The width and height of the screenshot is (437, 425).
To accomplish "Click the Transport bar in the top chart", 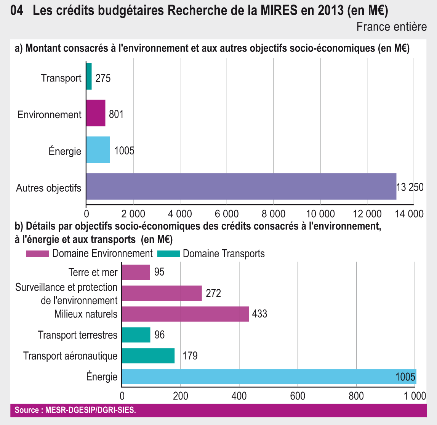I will pos(89,77).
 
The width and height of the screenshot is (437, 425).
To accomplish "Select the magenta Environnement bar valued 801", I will pos(96,113).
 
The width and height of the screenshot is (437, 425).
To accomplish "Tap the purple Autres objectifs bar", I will pos(241,186).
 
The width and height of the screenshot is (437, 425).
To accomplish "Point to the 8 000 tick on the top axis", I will pos(274,213).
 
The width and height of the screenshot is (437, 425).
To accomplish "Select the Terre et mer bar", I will pos(136,272).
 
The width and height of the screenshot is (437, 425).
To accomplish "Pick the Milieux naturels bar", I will pos(185,314).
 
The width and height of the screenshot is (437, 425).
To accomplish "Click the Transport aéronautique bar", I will pos(148,356).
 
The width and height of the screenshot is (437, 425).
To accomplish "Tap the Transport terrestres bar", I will pos(136,335).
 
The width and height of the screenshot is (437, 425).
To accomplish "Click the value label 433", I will pos(259,314).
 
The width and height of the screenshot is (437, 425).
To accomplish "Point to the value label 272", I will pos(213,293).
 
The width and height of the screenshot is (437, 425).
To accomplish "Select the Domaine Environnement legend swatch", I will pos(37,254).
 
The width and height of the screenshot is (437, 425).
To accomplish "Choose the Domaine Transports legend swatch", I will pos(168,254).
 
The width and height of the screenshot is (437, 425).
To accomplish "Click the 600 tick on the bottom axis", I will pos(298,396).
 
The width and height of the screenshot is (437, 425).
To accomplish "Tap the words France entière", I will pos(392,27).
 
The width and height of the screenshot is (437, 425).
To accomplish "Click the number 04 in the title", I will pos(17,11).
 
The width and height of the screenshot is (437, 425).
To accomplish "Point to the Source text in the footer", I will pos(75,411).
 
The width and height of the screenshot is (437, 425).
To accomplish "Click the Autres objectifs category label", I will pos(49,188).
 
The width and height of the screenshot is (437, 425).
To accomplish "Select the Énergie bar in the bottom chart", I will pos(269,377).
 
